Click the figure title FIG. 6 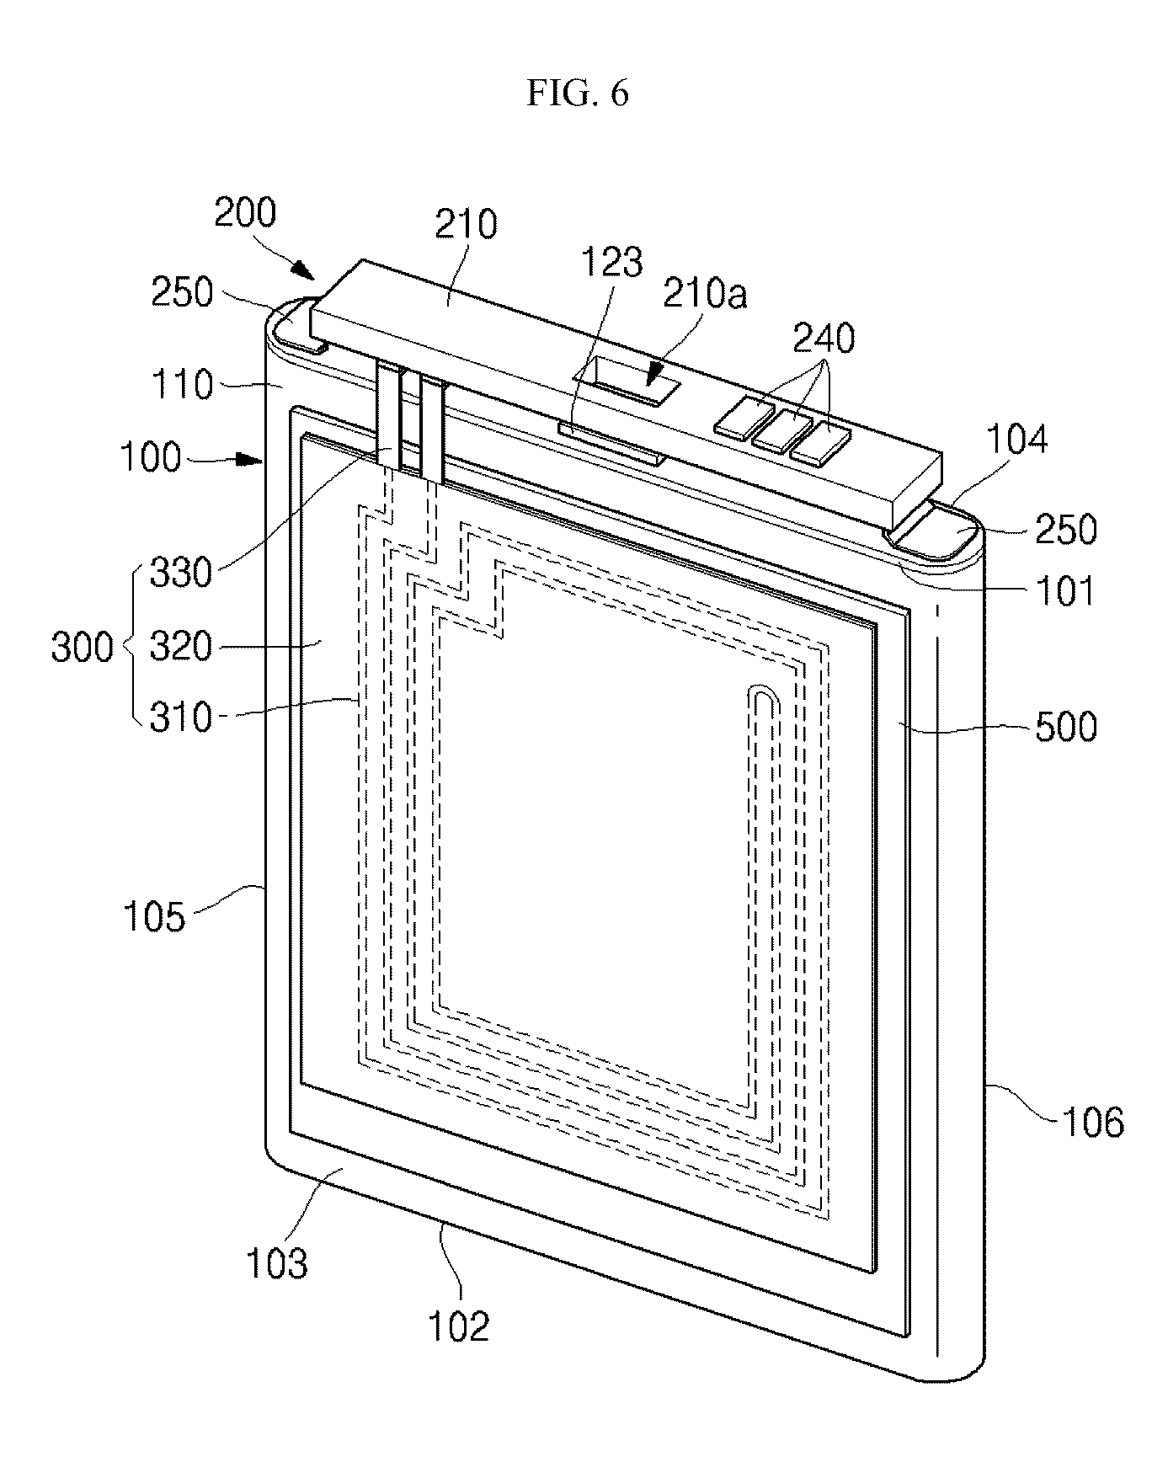(578, 93)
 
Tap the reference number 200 (244, 214)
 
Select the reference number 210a (705, 295)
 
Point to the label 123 (613, 264)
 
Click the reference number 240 (823, 339)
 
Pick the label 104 (1017, 440)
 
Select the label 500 (1065, 726)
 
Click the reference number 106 (1093, 1122)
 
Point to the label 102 (458, 1327)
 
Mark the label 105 (153, 916)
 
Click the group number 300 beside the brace (82, 648)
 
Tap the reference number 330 (180, 574)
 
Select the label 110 (180, 386)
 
